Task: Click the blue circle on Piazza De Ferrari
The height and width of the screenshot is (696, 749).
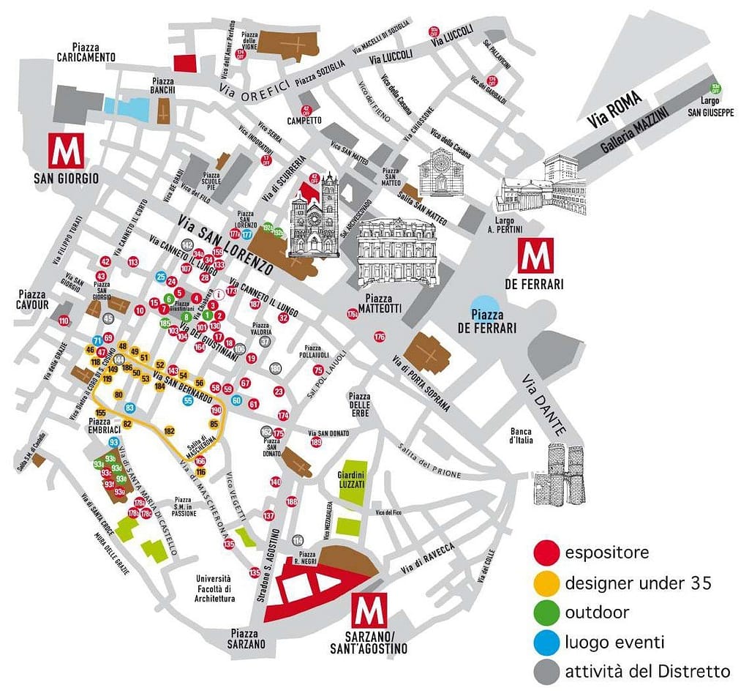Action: [484, 307]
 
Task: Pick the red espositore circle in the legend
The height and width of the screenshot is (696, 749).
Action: [547, 552]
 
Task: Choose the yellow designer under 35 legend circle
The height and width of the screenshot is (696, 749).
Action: [547, 583]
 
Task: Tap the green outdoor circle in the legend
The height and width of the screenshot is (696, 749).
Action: [547, 613]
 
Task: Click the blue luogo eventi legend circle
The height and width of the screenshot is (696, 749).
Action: [547, 643]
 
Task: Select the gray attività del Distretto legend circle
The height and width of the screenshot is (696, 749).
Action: [547, 671]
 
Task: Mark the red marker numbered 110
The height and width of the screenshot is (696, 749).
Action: [64, 321]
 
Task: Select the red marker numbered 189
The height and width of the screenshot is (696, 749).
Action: [316, 442]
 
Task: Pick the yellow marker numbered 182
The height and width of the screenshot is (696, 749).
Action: [170, 431]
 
